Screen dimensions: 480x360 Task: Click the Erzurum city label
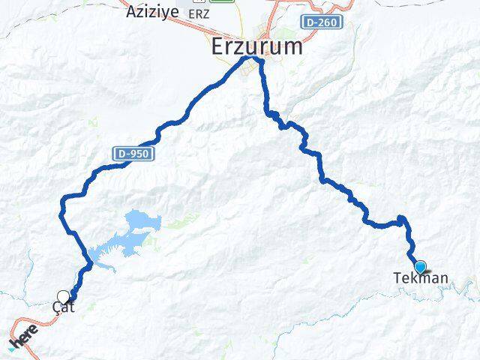point(256,46)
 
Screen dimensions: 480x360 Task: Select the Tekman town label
point(421,278)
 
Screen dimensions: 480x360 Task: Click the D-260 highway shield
point(323,22)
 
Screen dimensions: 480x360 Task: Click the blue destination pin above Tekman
point(420,266)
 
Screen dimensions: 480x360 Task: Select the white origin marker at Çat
point(63,296)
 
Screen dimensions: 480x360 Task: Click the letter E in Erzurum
point(217,46)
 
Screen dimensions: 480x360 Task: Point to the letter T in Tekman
point(397,278)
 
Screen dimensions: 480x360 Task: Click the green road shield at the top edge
point(221,1)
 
